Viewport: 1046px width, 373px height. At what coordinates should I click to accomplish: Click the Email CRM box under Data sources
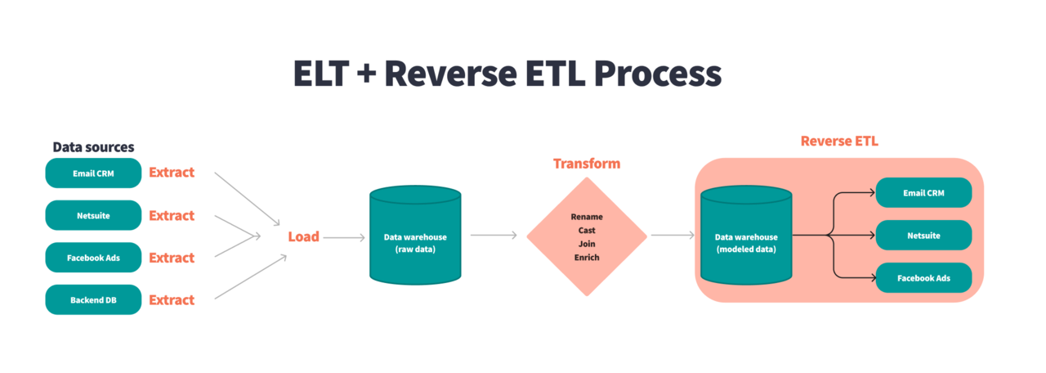pos(93,173)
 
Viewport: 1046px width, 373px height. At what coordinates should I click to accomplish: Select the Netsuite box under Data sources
pos(93,216)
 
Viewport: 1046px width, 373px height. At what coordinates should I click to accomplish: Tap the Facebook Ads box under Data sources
pos(93,258)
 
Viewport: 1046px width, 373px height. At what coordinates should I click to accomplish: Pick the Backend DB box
pos(93,300)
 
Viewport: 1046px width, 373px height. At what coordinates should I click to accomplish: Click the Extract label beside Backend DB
pos(172,300)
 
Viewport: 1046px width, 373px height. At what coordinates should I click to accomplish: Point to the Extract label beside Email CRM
pos(172,173)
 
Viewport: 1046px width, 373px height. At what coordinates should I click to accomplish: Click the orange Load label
pos(303,237)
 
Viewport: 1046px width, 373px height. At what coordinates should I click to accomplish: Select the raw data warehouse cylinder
pos(415,237)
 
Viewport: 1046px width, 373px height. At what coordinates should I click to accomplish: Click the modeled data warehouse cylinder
pos(746,237)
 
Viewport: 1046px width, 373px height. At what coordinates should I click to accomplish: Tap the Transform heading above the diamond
pos(586,164)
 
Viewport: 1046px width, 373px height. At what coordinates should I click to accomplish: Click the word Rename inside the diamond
pos(587,217)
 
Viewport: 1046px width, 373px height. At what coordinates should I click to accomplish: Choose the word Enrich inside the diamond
pos(587,258)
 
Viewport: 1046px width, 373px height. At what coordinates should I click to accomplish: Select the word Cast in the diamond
pos(587,231)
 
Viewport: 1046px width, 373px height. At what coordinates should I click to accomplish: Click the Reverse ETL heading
pos(839,142)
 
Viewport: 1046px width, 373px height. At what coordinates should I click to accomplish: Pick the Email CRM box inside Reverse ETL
pos(924,193)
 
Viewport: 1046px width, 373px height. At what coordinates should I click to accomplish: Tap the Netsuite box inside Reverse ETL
pos(924,236)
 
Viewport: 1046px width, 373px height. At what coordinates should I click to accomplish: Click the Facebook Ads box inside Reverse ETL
pos(924,278)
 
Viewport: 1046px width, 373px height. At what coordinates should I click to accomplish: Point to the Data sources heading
pos(93,147)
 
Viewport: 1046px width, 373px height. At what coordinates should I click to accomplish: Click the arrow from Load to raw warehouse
pos(344,237)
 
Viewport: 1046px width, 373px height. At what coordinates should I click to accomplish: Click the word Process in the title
pos(657,74)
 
